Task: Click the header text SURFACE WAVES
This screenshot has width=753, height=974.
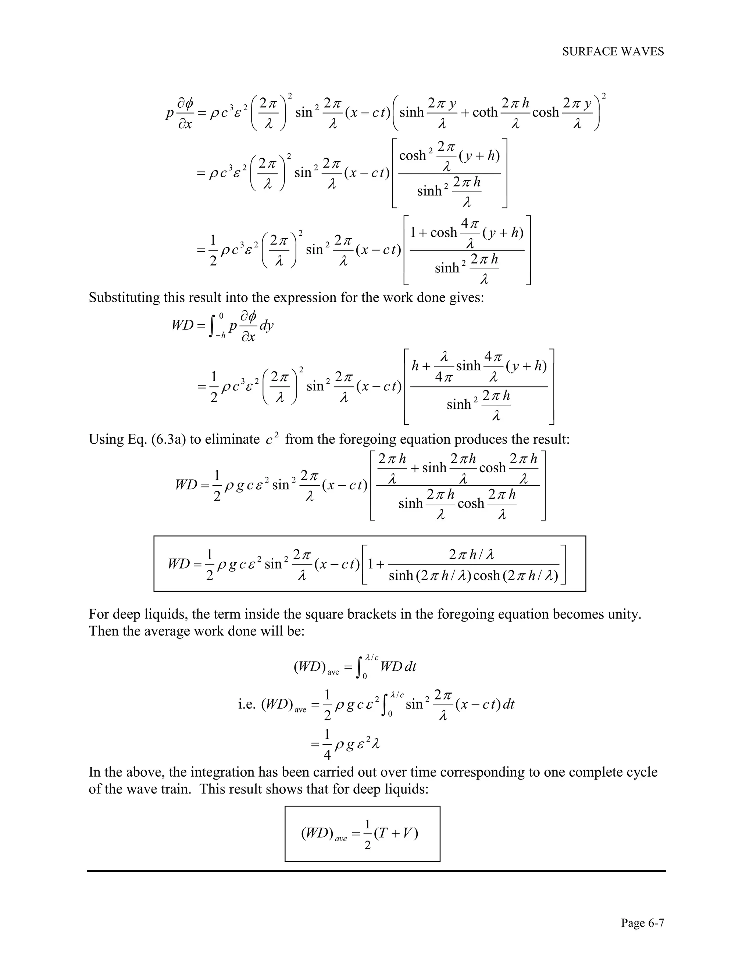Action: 613,52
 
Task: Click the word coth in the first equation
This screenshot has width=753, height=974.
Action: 485,112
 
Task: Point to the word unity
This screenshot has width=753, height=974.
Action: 625,614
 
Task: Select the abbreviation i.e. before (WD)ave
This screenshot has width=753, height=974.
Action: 247,704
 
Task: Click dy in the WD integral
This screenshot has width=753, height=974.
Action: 266,325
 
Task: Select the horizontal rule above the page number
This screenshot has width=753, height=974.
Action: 376,870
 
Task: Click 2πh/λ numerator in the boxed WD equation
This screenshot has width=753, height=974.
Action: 471,555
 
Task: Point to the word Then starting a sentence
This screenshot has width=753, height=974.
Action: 103,631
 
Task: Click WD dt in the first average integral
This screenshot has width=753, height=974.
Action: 398,667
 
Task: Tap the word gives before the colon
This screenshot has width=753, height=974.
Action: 464,297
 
